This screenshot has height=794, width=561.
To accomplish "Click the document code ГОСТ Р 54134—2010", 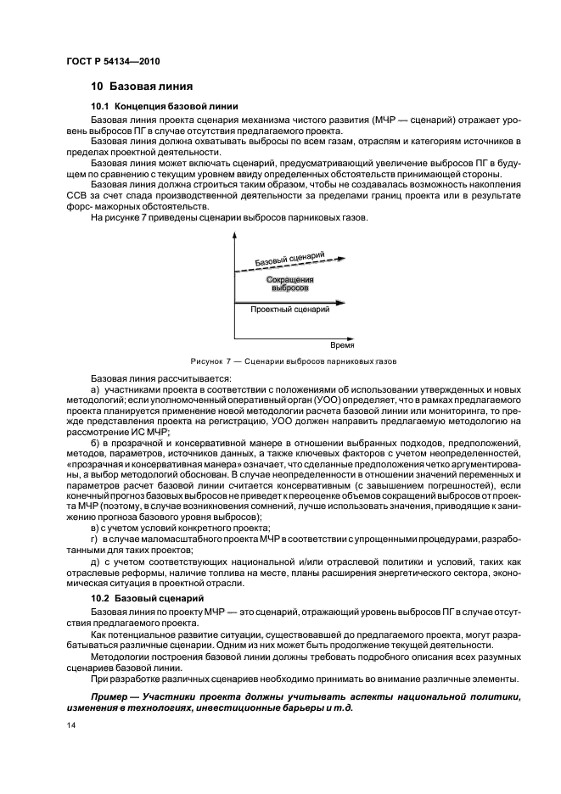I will point(112,61).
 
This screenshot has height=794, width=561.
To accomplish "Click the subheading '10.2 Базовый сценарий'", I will point(140,598).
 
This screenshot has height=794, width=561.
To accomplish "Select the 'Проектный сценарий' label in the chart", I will point(289,310).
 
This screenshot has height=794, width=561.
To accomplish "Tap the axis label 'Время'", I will point(342,345).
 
